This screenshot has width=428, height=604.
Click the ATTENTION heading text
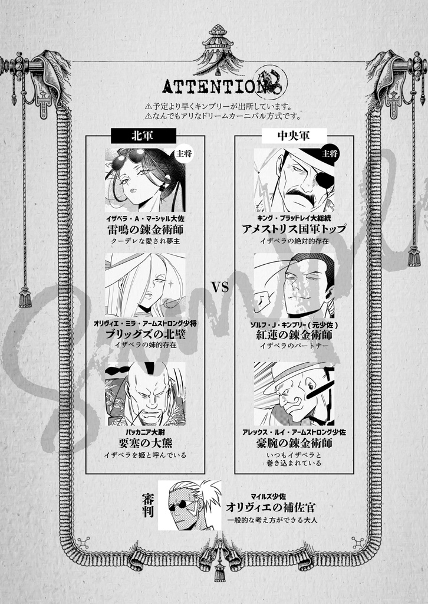(x=209, y=86)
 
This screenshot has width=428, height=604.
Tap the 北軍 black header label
(x=143, y=136)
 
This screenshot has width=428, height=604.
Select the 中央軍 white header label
(x=294, y=136)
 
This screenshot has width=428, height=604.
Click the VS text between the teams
(x=220, y=287)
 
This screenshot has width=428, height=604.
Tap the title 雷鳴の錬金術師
(x=145, y=230)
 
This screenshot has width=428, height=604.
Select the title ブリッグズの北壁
(x=145, y=334)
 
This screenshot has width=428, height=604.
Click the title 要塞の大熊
(x=145, y=443)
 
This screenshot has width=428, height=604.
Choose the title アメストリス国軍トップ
(x=294, y=229)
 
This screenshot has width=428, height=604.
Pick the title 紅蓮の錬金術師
(x=294, y=334)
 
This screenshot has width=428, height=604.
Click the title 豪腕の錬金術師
(x=294, y=443)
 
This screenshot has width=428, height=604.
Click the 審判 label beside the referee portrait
(x=148, y=506)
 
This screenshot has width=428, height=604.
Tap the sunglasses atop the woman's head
(x=130, y=157)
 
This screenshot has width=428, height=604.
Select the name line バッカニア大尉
(x=145, y=431)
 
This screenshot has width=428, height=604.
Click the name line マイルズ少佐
(x=274, y=496)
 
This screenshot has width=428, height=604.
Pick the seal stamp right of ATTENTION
(x=271, y=82)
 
